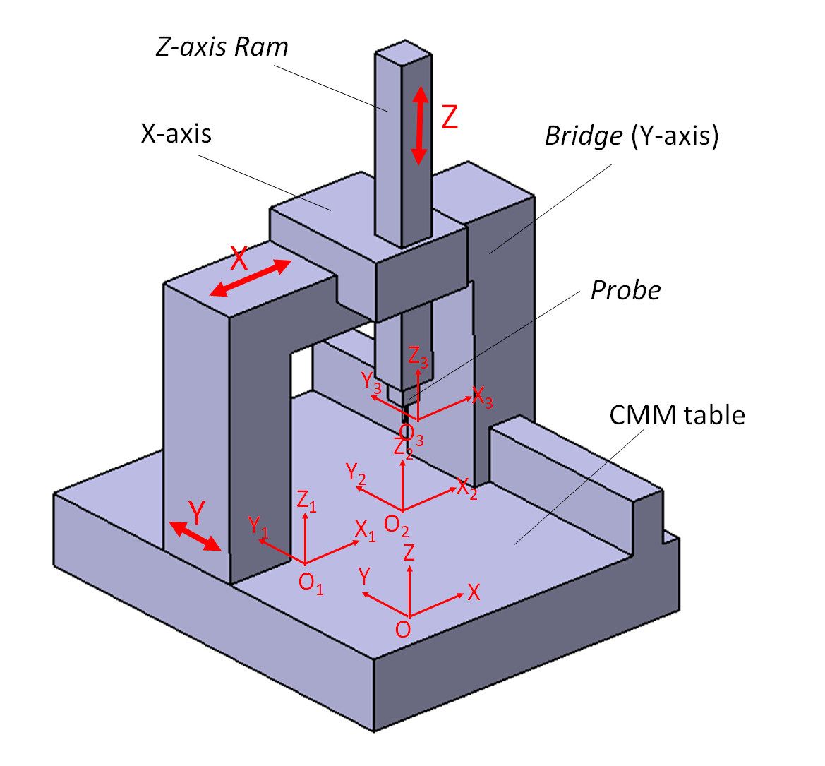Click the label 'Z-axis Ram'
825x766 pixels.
click(222, 47)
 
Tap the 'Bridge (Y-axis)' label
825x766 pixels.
click(632, 135)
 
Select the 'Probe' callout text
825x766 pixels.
click(625, 290)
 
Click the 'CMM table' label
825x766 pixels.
click(677, 414)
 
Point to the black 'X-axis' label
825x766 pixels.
click(176, 133)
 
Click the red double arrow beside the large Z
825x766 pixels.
click(420, 126)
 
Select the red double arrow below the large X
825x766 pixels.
click(251, 278)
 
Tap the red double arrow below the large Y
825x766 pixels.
click(195, 536)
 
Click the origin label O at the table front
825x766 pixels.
click(403, 629)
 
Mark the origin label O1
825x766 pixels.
click(311, 582)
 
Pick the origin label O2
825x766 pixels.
click(396, 525)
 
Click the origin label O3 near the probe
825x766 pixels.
click(411, 432)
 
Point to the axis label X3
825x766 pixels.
click(483, 397)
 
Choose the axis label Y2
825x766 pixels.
click(356, 473)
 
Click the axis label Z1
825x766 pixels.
click(306, 501)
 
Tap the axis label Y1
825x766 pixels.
click(258, 526)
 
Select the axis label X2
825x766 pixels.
click(466, 488)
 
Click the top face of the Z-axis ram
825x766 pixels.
click(404, 52)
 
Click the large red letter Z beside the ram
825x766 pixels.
click(450, 116)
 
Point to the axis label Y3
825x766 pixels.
click(371, 382)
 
